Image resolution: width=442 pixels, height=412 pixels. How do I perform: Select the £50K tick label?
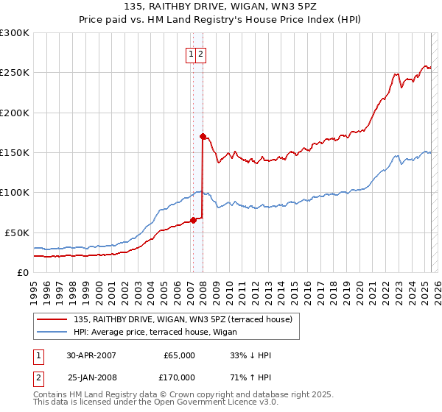pos(17,232)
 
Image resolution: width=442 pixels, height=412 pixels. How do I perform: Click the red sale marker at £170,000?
pos(203,136)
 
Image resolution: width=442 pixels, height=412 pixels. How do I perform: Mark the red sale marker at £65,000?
pos(193,220)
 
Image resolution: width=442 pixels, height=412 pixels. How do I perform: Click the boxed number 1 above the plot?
pos(191,53)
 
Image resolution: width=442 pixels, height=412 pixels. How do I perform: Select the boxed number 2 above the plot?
pos(200,53)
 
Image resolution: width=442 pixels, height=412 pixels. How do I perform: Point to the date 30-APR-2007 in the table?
pos(91,355)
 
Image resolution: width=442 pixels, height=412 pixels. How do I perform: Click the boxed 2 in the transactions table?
pos(38,377)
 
